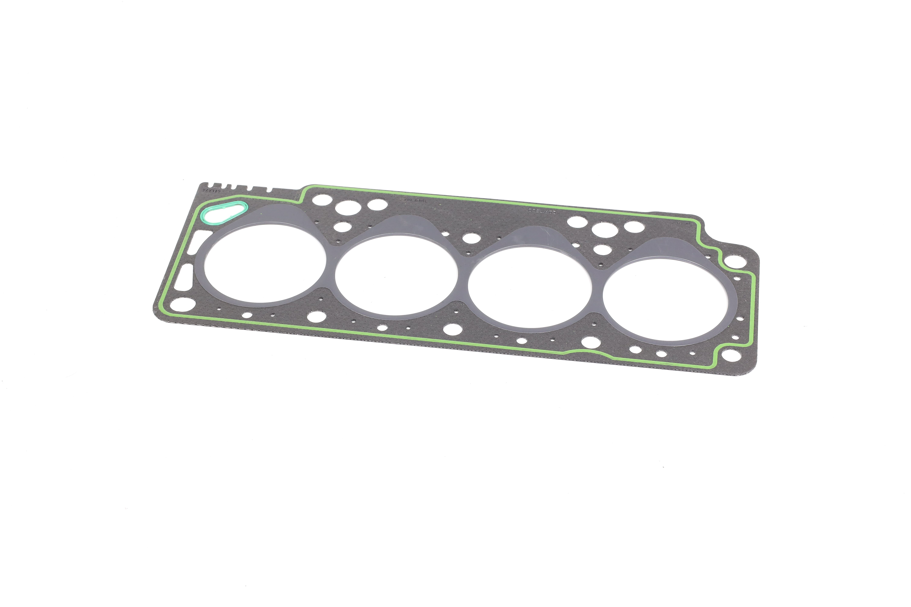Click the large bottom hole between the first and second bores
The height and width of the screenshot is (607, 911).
(x=316, y=317)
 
